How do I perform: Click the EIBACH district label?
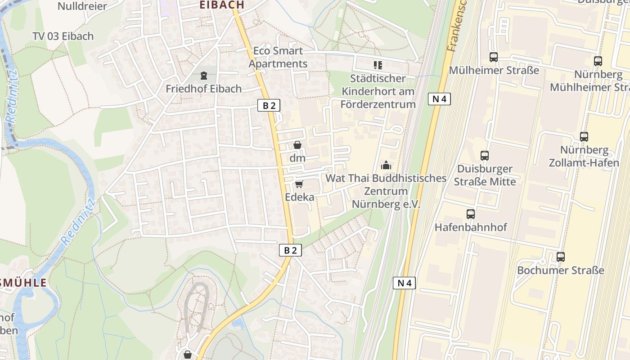222,5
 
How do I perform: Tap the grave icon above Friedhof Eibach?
204,76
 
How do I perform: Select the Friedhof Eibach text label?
203,89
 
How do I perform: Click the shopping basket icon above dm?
297,145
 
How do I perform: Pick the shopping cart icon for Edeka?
299,184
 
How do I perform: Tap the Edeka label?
299,197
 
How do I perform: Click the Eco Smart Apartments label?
278,57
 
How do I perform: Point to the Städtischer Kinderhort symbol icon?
378,66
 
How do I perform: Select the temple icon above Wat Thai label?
386,165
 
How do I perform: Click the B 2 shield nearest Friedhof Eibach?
269,106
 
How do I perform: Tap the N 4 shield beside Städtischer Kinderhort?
439,99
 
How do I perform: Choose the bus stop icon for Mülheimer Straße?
494,57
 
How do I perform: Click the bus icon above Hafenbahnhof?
471,214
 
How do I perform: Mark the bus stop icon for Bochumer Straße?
561,257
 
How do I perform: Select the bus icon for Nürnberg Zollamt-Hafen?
584,137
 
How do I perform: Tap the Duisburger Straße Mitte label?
485,175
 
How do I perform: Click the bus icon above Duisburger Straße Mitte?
485,156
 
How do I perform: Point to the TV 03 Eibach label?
63,36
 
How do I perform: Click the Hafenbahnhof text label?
471,227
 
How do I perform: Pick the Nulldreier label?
82,6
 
